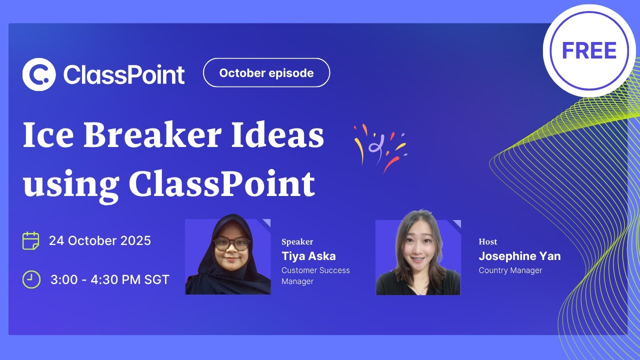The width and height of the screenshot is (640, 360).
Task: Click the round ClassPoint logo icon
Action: pos(38,74)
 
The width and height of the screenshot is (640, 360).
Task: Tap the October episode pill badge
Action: pos(266,73)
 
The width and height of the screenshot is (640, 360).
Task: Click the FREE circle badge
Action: pos(589,50)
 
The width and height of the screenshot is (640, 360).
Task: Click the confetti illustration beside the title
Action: pos(379,147)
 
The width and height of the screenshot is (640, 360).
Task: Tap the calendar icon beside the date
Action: pos(31,240)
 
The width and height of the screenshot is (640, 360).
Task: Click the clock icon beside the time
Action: pos(31,279)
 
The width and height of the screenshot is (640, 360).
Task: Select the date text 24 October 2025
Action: pos(100,240)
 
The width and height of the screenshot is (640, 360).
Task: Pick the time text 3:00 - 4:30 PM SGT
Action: pos(110,279)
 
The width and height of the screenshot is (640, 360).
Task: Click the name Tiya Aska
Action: pos(308,256)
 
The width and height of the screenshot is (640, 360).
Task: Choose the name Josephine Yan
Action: pos(519,256)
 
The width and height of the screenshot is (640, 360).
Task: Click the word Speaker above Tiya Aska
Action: pos(297,242)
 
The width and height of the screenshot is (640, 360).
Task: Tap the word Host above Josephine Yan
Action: pos(488,242)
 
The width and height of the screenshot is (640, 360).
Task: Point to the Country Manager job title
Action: pos(510,270)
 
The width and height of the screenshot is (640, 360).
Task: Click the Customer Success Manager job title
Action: pos(315,275)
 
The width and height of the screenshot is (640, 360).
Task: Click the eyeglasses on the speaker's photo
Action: pos(231,244)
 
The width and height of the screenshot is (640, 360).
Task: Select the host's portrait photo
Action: pos(418,257)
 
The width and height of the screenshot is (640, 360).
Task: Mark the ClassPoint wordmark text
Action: pos(124,74)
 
